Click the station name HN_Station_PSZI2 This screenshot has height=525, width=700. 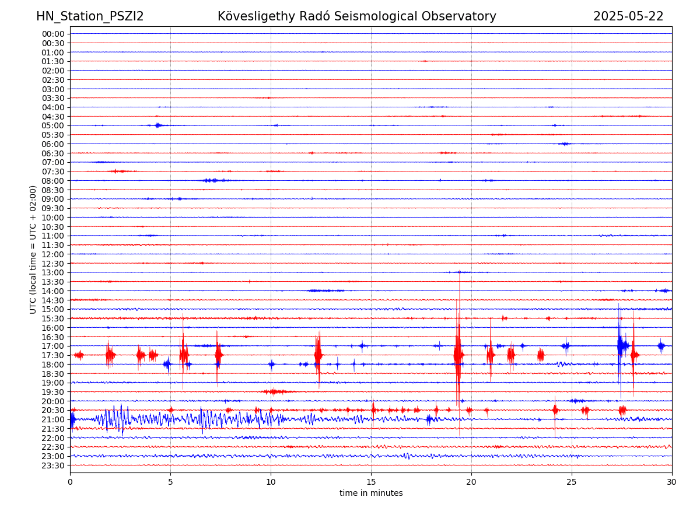coord(90,16)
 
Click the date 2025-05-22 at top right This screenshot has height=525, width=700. coord(628,16)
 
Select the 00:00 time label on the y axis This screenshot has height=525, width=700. coord(53,34)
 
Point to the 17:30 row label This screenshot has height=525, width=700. coord(53,355)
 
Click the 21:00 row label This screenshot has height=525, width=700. coord(53,419)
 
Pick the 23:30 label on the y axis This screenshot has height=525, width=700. coord(53,466)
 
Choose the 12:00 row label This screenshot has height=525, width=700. coord(53,254)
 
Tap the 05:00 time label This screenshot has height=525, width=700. coord(53,125)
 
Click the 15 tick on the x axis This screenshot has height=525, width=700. coord(371,482)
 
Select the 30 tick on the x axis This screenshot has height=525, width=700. coord(672,482)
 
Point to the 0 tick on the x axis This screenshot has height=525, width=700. coord(70,482)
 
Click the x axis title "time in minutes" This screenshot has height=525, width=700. coord(371,493)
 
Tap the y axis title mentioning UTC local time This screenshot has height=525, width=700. coord(33,249)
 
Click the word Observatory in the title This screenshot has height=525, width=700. coord(464,16)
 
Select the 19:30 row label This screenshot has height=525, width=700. coord(53,392)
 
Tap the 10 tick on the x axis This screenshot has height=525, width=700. coord(271,482)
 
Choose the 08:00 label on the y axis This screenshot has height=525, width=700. coord(53,181)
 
